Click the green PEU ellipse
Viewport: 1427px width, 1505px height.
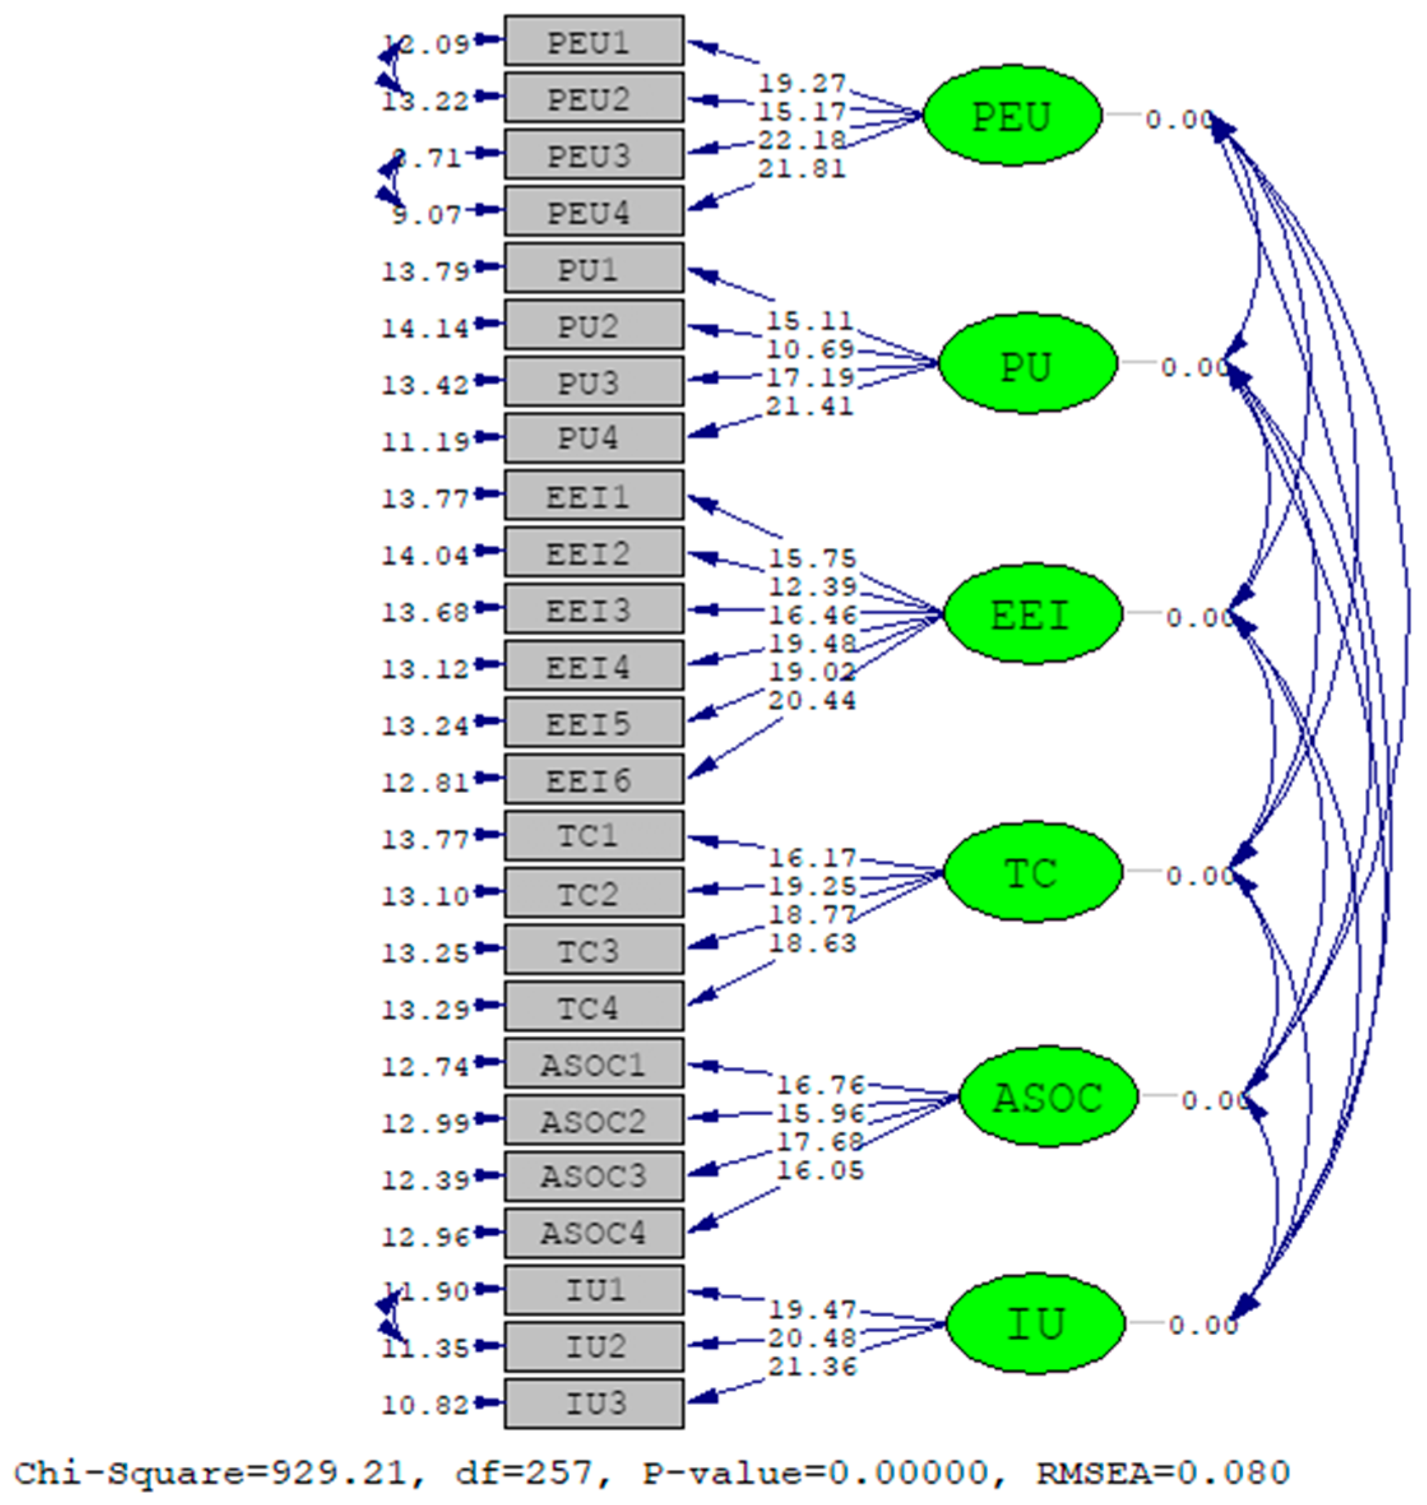[1012, 115]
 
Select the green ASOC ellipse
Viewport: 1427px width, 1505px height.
[1048, 1096]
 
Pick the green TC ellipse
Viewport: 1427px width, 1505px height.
[1032, 871]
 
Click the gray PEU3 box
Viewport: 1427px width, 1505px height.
[594, 154]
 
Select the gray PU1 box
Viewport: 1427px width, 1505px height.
[594, 268]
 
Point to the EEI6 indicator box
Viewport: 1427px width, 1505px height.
[594, 779]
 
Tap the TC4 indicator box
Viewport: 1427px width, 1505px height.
[594, 1006]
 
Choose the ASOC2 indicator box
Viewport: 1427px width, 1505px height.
[594, 1119]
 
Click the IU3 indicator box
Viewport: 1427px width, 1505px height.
[594, 1403]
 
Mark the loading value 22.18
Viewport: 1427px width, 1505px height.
[801, 140]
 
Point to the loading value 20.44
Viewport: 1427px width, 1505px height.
[812, 700]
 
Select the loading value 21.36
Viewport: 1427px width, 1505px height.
[812, 1367]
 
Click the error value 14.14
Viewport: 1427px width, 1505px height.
[425, 328]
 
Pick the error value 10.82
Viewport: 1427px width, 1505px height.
[425, 1406]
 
